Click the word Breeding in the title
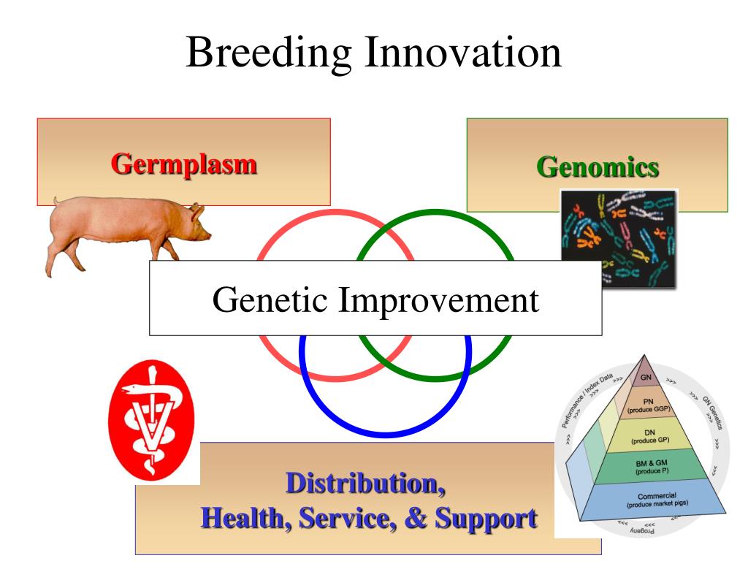tap(268, 53)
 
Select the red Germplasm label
tap(183, 163)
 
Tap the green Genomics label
tap(598, 167)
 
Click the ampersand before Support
tap(414, 518)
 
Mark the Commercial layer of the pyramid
tap(657, 500)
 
